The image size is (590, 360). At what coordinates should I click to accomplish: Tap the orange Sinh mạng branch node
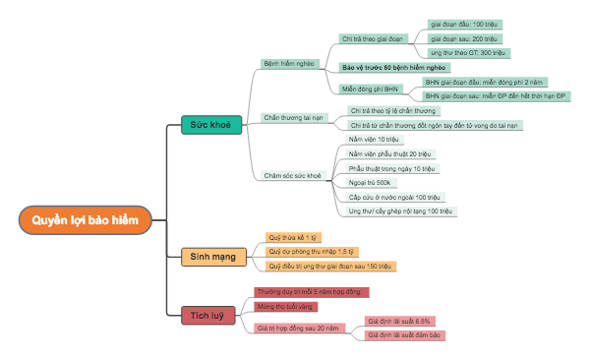click(212, 257)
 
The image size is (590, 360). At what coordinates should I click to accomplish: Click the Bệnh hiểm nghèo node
click(288, 61)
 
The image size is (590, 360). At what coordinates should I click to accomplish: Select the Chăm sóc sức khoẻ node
click(293, 176)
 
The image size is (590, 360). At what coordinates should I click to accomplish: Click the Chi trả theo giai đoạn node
click(373, 39)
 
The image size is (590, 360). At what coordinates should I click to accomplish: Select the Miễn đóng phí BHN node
click(371, 89)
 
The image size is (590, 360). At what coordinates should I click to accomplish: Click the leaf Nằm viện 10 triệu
click(375, 141)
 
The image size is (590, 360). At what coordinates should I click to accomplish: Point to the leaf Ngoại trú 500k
click(370, 183)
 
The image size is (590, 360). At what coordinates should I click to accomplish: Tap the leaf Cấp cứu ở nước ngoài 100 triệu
click(394, 197)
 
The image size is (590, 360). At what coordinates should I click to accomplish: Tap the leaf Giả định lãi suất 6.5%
click(399, 321)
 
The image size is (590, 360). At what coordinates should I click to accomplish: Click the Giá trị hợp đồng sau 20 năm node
click(297, 327)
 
